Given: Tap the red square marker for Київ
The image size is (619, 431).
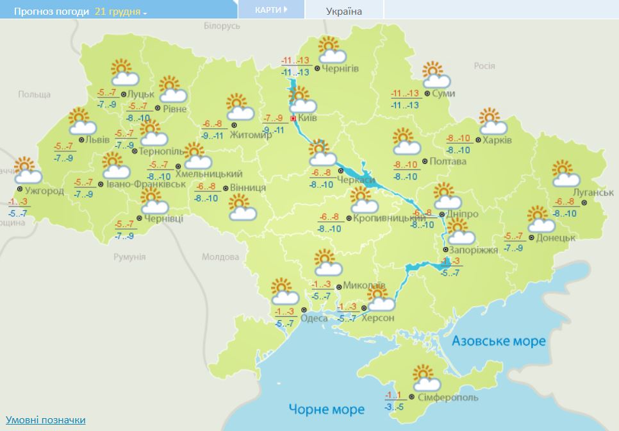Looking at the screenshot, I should (x=293, y=119).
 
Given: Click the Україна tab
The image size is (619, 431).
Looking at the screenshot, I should (x=343, y=11).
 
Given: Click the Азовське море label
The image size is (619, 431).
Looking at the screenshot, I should (x=499, y=341).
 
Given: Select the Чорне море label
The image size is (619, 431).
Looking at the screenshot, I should (x=326, y=409).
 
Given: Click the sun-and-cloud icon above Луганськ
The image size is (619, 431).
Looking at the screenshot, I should (x=566, y=171).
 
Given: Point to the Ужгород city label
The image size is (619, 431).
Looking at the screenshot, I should (x=44, y=191).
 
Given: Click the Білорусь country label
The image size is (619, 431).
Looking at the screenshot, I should (x=222, y=26).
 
